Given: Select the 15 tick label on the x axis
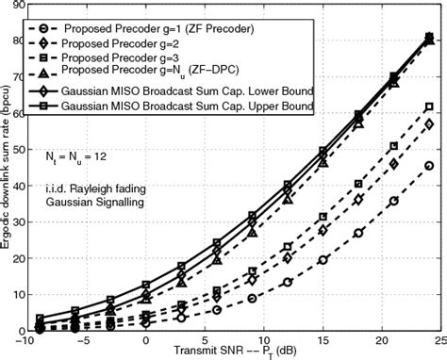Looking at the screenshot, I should (323, 341).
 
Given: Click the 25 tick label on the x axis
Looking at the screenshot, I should (440, 341).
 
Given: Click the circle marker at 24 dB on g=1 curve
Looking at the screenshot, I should (429, 166).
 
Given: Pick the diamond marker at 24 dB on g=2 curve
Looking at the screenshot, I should (429, 124).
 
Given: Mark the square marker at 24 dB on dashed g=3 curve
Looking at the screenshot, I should (429, 106).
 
